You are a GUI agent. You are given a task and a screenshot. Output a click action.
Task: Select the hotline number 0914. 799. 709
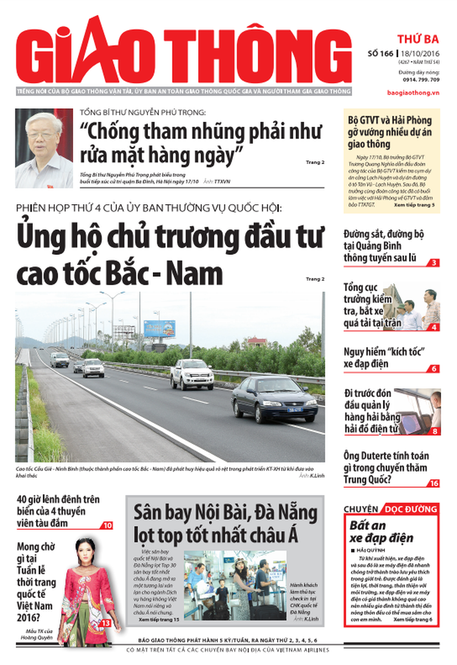[420, 80]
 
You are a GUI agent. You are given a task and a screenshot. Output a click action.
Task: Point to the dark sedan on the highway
[274, 399]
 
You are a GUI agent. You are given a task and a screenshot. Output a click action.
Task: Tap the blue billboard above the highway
[159, 329]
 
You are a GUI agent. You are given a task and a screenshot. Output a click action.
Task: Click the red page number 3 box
[433, 263]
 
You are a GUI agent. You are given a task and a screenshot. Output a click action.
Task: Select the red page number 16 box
[433, 483]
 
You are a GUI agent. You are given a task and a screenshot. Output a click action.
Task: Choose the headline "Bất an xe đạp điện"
[381, 532]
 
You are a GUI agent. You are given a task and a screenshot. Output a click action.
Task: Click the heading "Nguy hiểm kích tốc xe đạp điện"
[384, 359]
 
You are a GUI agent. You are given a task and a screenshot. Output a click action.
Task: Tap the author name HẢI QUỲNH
[375, 550]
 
